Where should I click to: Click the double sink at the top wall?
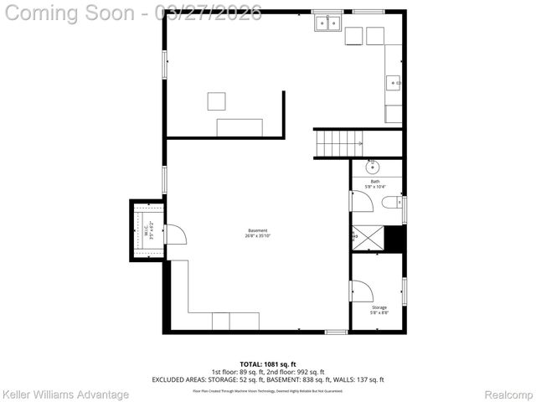click(328, 23)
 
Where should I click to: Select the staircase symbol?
click(338, 143)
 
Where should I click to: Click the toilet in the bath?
click(392, 203)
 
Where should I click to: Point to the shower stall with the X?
click(366, 239)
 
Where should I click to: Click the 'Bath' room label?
click(375, 181)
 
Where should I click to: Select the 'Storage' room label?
click(379, 307)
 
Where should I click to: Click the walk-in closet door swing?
click(175, 234)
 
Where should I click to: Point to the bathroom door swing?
click(362, 202)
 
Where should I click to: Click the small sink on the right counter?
click(392, 83)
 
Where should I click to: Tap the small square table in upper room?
click(217, 101)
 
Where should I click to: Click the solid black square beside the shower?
click(394, 239)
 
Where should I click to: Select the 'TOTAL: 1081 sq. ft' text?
click(267, 364)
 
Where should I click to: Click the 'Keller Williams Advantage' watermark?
click(66, 394)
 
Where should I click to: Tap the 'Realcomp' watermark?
click(508, 394)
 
